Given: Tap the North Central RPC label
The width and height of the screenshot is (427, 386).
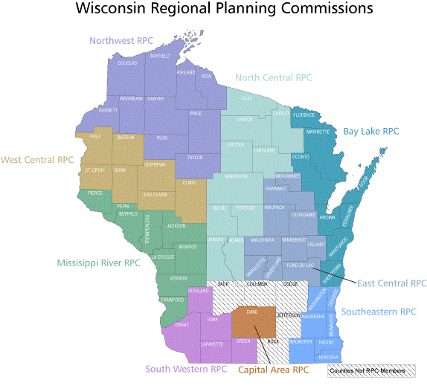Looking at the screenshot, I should pos(273,77).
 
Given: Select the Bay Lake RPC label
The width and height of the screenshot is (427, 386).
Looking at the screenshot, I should pos(371,132).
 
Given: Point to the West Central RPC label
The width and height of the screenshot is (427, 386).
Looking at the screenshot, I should pos(37,159).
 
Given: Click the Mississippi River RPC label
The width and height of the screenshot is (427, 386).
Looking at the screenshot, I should pos(99,263).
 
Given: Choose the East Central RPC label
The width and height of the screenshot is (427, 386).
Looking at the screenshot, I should pos(392,283).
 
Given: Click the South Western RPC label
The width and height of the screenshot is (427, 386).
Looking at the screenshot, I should pos(186,368).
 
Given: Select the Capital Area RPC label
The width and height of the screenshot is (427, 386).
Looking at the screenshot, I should pos(273,369).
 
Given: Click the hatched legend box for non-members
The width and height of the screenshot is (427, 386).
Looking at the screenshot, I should pos(371,370).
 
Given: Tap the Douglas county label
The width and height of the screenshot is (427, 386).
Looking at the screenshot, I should pos(127,63).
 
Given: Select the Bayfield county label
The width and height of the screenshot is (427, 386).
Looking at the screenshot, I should pos(160,56).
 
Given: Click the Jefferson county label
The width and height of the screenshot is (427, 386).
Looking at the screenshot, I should pos(288,315).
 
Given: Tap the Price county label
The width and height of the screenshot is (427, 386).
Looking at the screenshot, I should pos(196,113).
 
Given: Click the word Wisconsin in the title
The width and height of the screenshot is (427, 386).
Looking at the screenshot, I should pos(118,10).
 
